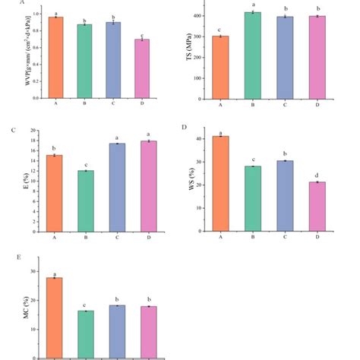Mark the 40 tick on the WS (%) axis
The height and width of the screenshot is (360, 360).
pyautogui.click(x=199, y=139)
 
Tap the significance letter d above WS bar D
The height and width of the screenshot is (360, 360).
pyautogui.click(x=315, y=176)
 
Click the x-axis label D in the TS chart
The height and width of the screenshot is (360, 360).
pyautogui.click(x=314, y=106)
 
